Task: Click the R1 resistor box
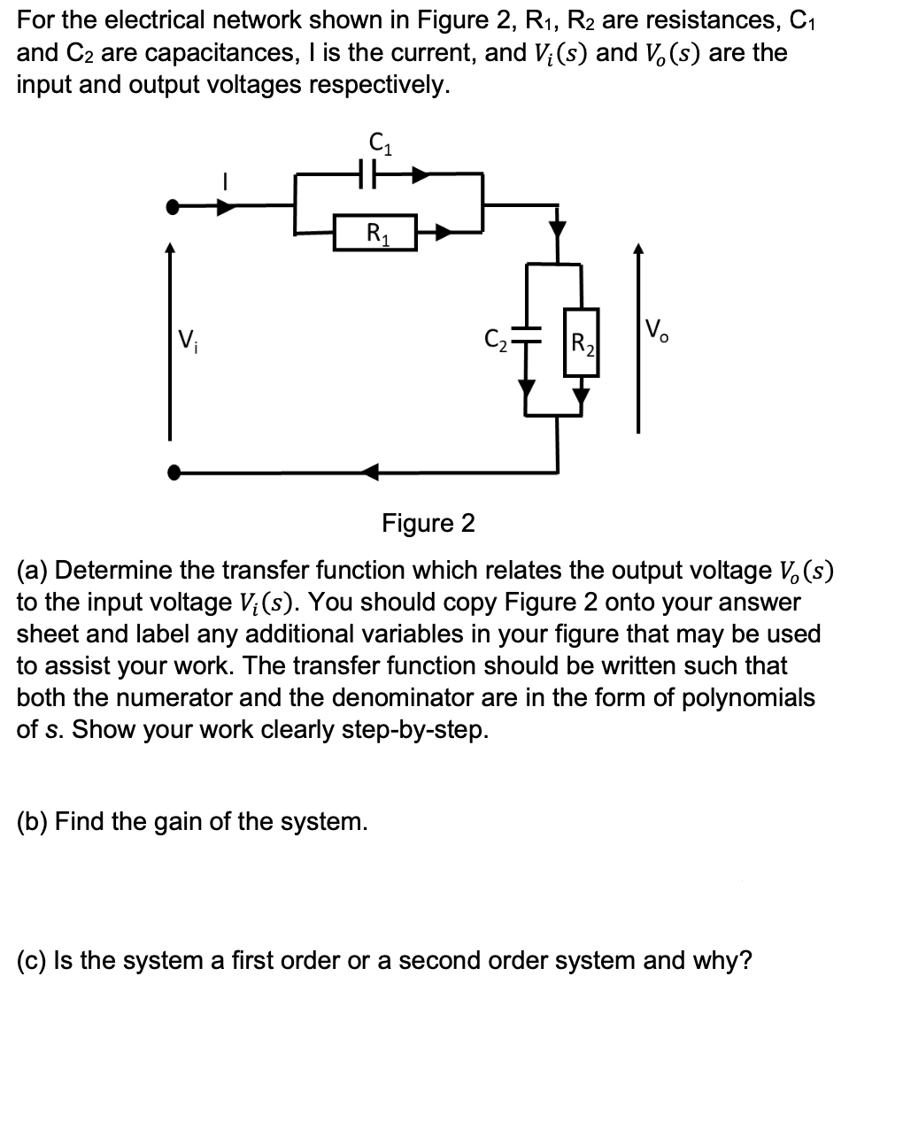[x=374, y=234]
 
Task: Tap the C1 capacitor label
[x=380, y=142]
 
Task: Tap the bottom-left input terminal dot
[x=174, y=472]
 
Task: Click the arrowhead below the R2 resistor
[x=581, y=392]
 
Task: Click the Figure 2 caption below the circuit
[x=428, y=524]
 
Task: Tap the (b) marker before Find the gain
[x=33, y=822]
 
